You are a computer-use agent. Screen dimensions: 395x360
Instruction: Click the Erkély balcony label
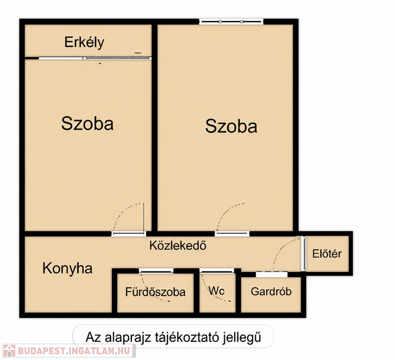pyautogui.click(x=84, y=42)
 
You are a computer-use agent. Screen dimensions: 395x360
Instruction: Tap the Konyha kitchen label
pyautogui.click(x=67, y=269)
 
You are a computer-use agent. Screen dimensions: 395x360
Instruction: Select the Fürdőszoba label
pyautogui.click(x=155, y=292)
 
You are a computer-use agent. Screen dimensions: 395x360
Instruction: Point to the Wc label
pyautogui.click(x=216, y=291)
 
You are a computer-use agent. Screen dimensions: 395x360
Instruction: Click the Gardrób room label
pyautogui.click(x=271, y=292)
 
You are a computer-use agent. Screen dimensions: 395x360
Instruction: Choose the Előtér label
pyautogui.click(x=327, y=254)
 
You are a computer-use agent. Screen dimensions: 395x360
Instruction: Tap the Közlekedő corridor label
pyautogui.click(x=178, y=246)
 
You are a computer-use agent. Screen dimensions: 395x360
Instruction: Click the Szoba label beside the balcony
pyautogui.click(x=87, y=123)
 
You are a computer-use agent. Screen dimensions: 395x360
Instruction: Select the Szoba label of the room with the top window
pyautogui.click(x=231, y=126)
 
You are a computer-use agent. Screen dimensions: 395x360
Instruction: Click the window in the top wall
pyautogui.click(x=231, y=22)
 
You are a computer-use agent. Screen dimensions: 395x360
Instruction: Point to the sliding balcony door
pyautogui.click(x=95, y=59)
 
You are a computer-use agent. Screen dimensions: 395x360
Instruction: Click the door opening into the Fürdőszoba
pyautogui.click(x=156, y=271)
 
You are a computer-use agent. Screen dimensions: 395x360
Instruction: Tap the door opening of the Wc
pyautogui.click(x=217, y=271)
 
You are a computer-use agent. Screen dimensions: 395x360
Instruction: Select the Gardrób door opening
pyautogui.click(x=272, y=274)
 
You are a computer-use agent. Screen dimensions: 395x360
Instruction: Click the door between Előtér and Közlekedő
pyautogui.click(x=304, y=254)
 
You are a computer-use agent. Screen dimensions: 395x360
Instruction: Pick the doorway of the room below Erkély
pyautogui.click(x=129, y=234)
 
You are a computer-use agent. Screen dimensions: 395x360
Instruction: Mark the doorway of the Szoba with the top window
pyautogui.click(x=232, y=234)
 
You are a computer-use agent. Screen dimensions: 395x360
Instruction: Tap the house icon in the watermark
pyautogui.click(x=9, y=351)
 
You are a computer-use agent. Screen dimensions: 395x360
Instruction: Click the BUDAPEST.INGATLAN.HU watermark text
pyautogui.click(x=74, y=351)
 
